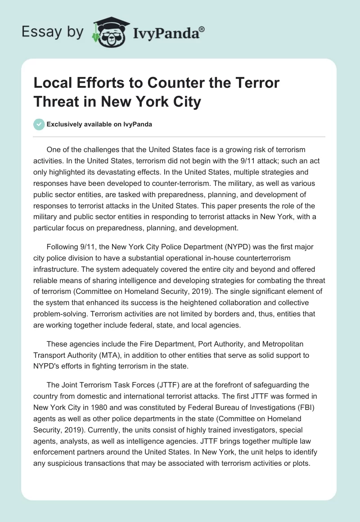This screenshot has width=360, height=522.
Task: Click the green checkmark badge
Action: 39,124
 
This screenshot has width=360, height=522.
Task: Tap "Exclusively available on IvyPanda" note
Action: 100,124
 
